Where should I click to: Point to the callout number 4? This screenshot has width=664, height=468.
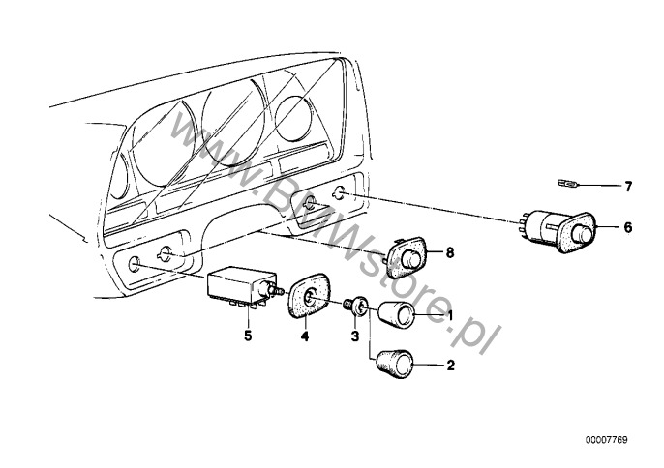click(304, 337)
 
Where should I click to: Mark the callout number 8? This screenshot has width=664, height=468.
click(448, 253)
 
